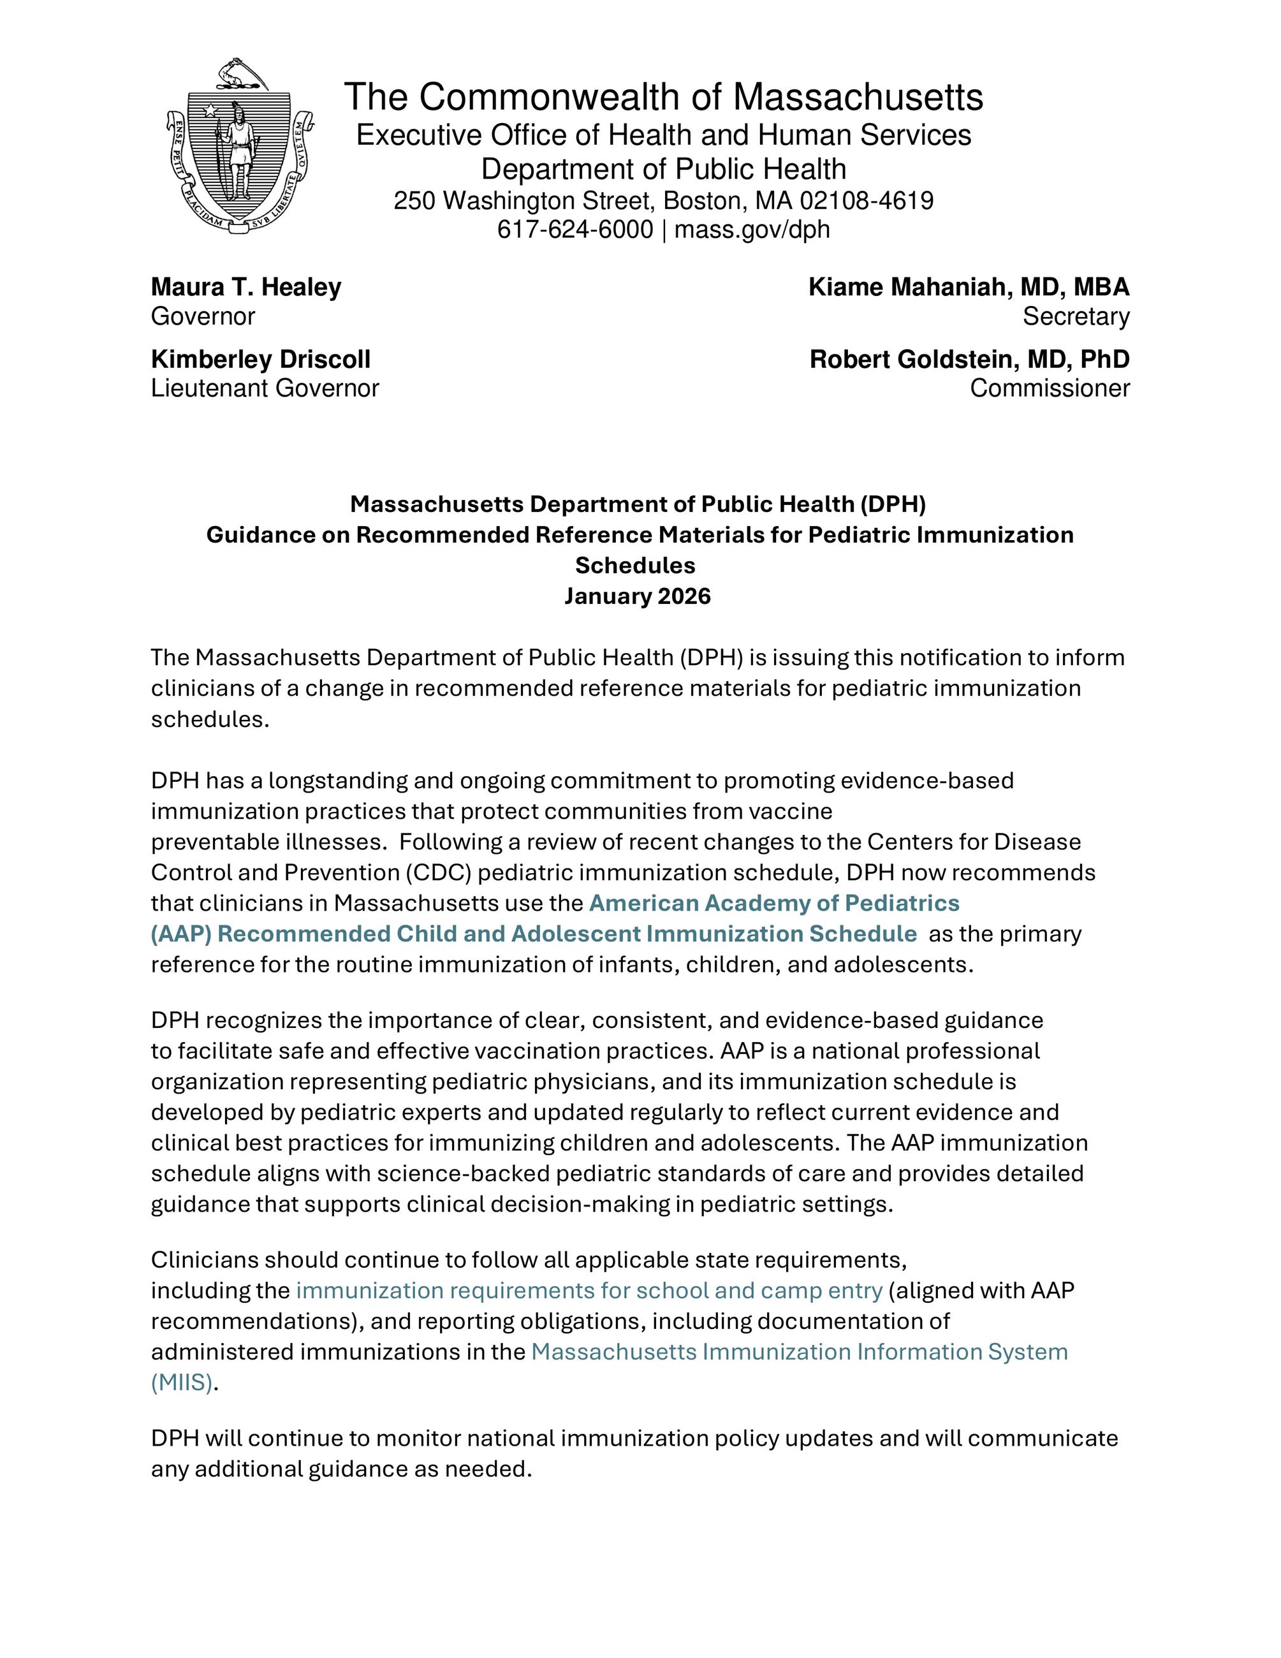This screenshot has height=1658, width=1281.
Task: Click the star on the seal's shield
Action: tap(209, 111)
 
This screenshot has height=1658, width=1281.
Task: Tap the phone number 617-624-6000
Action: tap(575, 230)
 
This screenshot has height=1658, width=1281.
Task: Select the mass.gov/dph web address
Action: tap(752, 230)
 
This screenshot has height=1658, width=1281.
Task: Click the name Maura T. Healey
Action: tap(246, 287)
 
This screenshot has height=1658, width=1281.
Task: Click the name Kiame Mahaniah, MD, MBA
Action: tap(969, 287)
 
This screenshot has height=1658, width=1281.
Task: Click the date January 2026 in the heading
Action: tap(638, 596)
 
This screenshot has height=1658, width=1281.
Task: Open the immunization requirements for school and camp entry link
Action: tap(589, 1290)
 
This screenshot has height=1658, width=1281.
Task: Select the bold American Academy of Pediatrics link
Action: tap(774, 902)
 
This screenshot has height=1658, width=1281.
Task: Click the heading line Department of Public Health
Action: tap(663, 168)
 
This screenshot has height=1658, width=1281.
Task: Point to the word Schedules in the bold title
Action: tap(635, 566)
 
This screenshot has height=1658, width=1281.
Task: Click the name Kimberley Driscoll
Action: tap(260, 359)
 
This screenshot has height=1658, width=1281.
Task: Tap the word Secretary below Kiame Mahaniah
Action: tap(1075, 316)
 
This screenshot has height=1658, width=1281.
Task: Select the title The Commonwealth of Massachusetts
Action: tap(663, 97)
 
